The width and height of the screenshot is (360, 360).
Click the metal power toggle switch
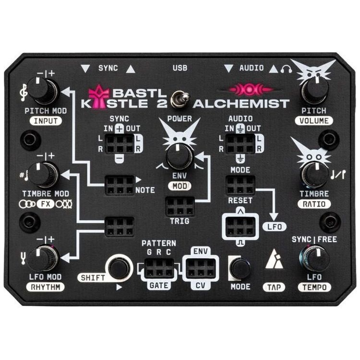coord(181,99)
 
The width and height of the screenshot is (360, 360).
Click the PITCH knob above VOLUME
coord(315,90)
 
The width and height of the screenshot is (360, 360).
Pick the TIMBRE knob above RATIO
coord(314,175)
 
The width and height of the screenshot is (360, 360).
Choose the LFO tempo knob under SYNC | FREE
coord(314,259)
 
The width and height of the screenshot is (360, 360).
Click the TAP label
coord(274,287)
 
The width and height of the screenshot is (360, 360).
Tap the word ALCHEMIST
coord(241,104)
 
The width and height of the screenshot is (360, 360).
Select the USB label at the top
coord(180,68)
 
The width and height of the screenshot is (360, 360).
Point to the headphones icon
coord(286,69)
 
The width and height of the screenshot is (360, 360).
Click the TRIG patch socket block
coord(180,206)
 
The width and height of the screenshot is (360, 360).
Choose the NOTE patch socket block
coord(120,185)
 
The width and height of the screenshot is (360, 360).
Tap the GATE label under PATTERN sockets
coord(159,286)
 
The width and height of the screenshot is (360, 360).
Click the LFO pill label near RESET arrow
coord(275,227)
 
